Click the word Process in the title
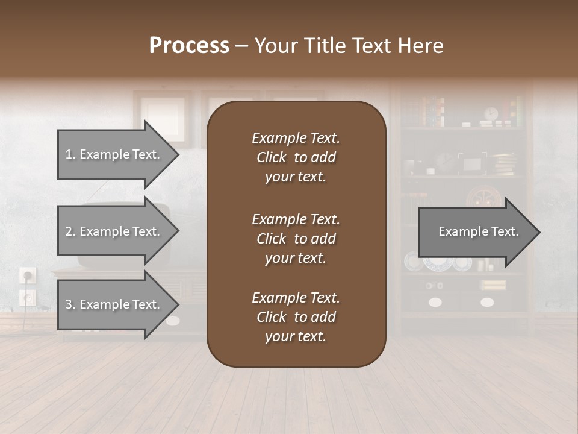point(189,45)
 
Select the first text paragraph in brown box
point(296,157)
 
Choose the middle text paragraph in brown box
point(296,239)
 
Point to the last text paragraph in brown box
point(296,317)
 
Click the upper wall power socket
point(28,275)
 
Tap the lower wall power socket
point(28,297)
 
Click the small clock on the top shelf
point(491,114)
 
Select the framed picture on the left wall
point(163,118)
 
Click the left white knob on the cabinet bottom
point(435,302)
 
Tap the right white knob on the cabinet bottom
point(487,302)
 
